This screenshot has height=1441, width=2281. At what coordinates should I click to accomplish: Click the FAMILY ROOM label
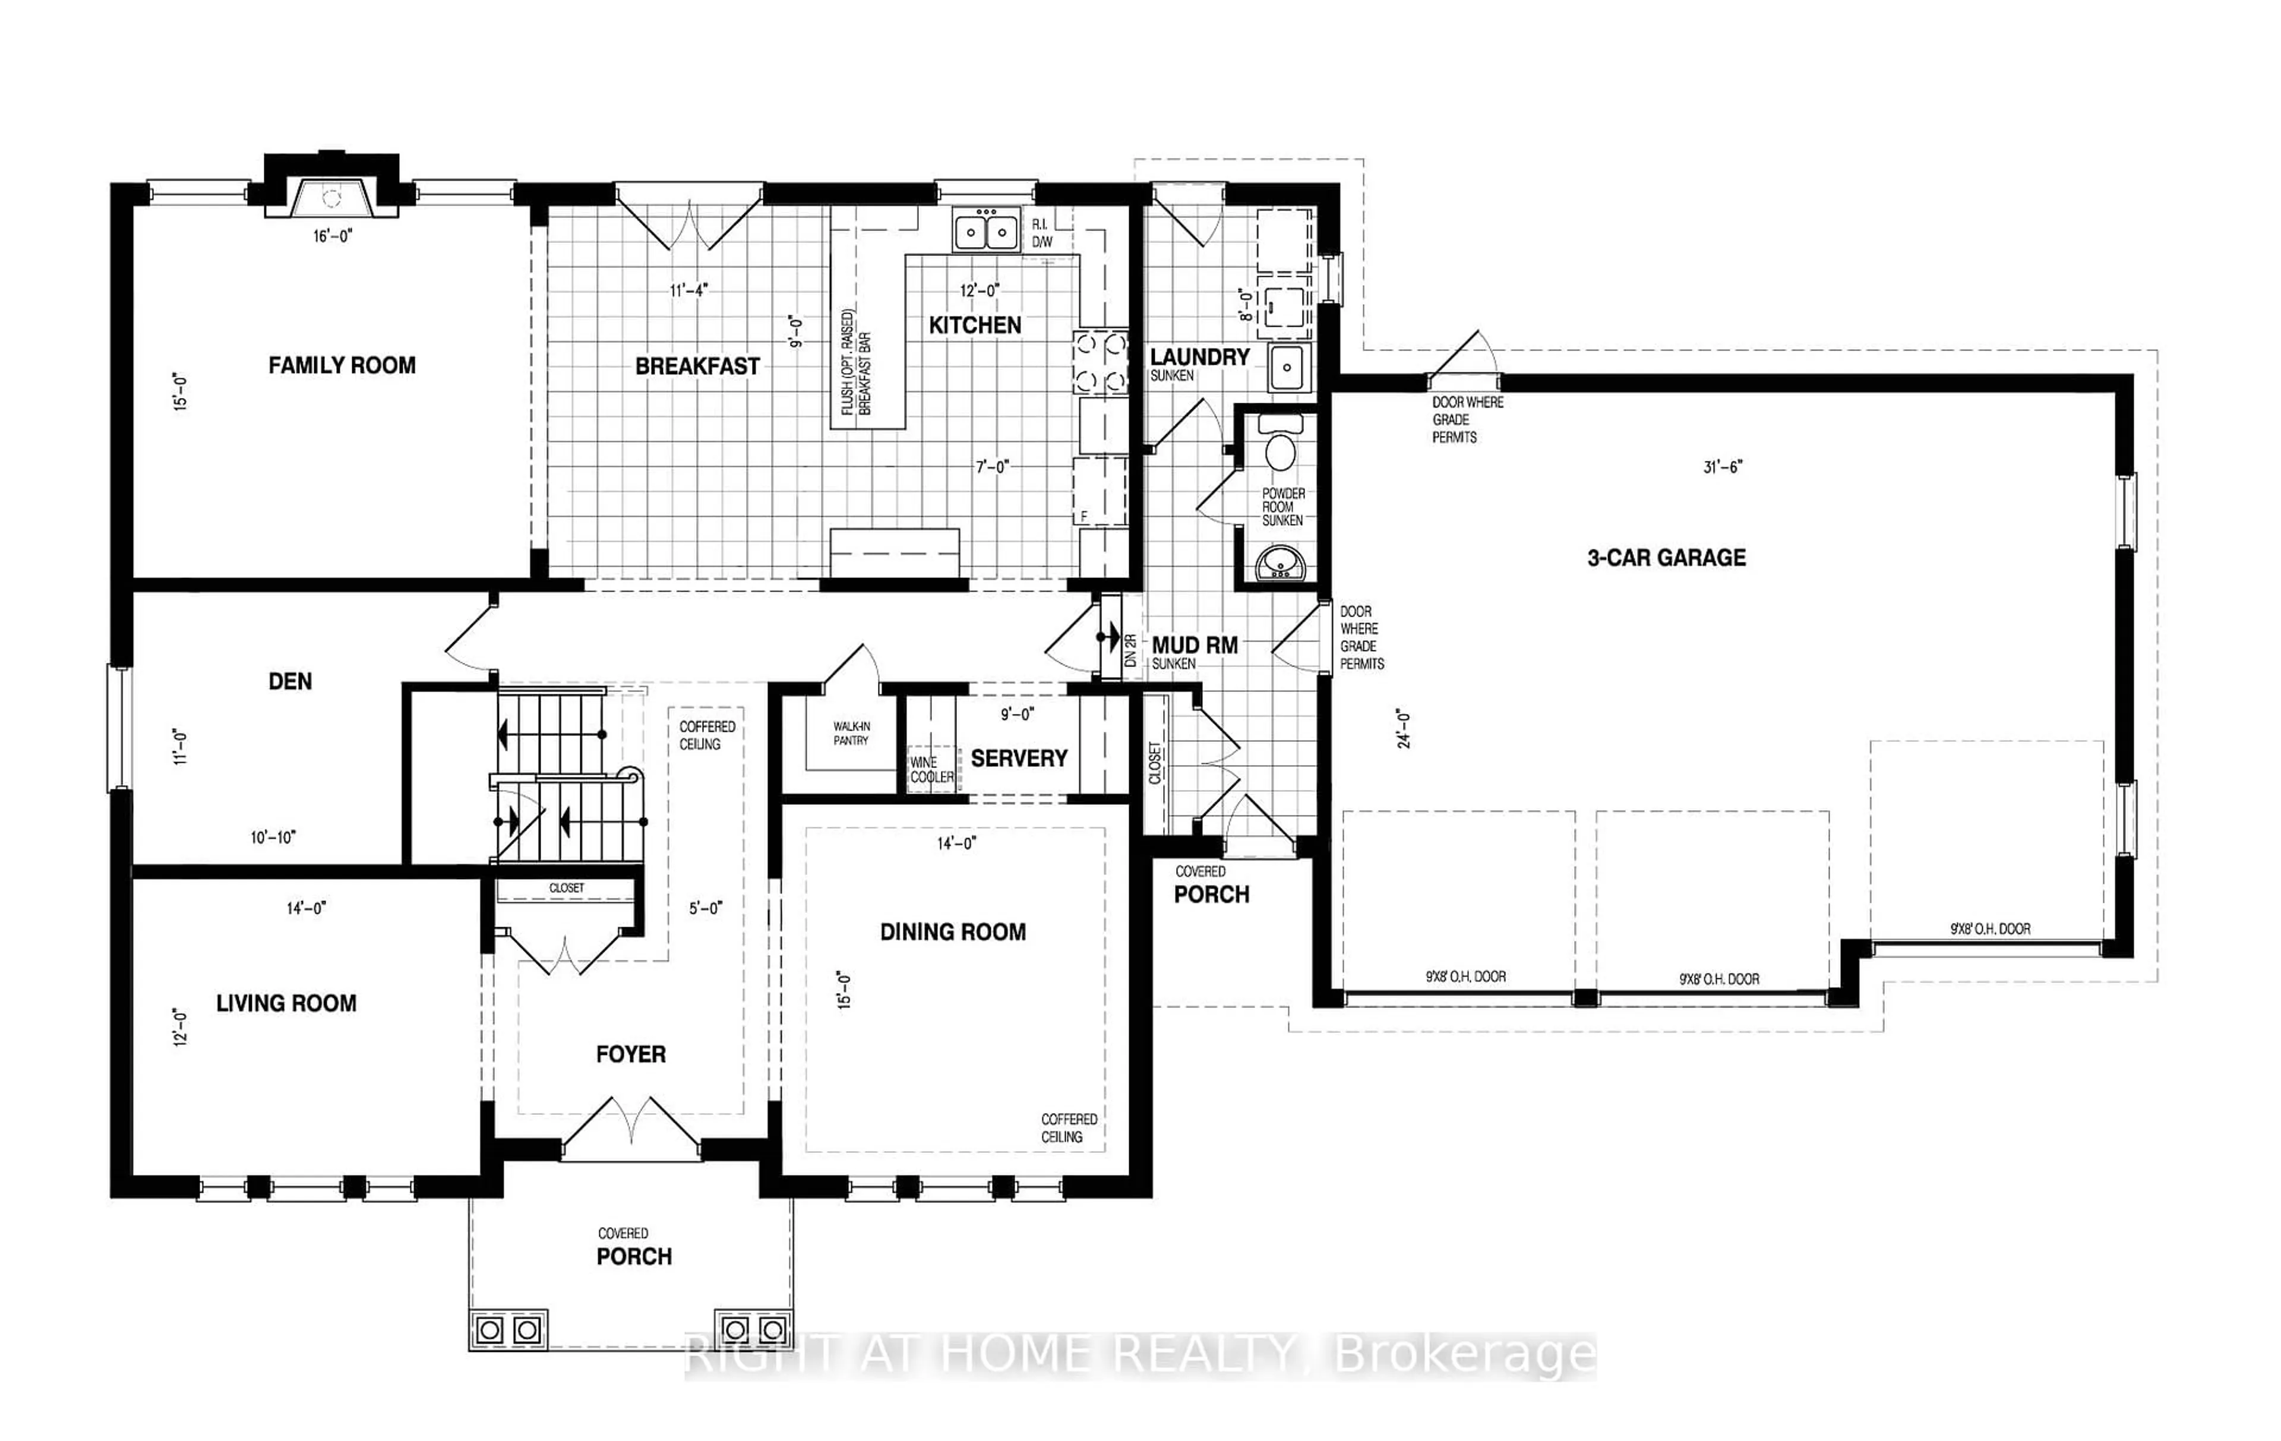coord(342,366)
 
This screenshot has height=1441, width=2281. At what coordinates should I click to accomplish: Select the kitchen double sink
coord(986,231)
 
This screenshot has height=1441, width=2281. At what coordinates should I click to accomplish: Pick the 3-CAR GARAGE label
coord(1666,558)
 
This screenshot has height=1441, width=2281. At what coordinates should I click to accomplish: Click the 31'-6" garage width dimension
coord(1722,467)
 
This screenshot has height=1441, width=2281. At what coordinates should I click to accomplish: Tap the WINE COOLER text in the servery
coord(931,769)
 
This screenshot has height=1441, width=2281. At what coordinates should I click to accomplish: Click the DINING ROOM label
coord(952,932)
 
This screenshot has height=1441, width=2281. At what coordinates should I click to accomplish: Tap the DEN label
coord(290,681)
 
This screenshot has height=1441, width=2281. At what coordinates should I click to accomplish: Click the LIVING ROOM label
coord(286,1003)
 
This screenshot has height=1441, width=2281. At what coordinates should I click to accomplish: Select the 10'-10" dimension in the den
coord(273,838)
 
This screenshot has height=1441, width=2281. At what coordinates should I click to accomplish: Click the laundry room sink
coord(1287,366)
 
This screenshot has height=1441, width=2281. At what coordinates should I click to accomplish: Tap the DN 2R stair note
coord(1130,650)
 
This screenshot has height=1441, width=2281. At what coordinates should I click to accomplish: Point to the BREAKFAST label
coord(697,366)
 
